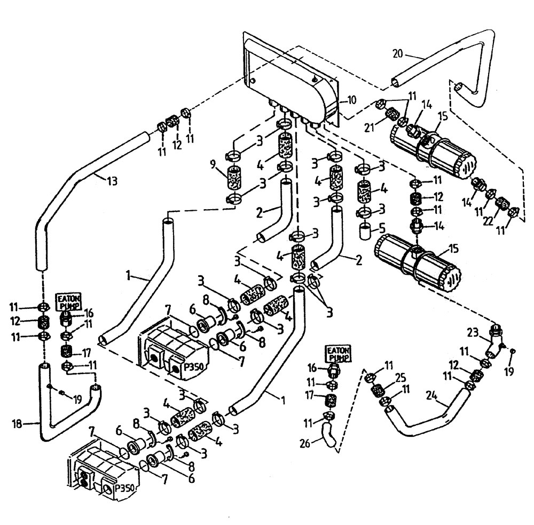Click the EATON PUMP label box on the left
click(x=67, y=300)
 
